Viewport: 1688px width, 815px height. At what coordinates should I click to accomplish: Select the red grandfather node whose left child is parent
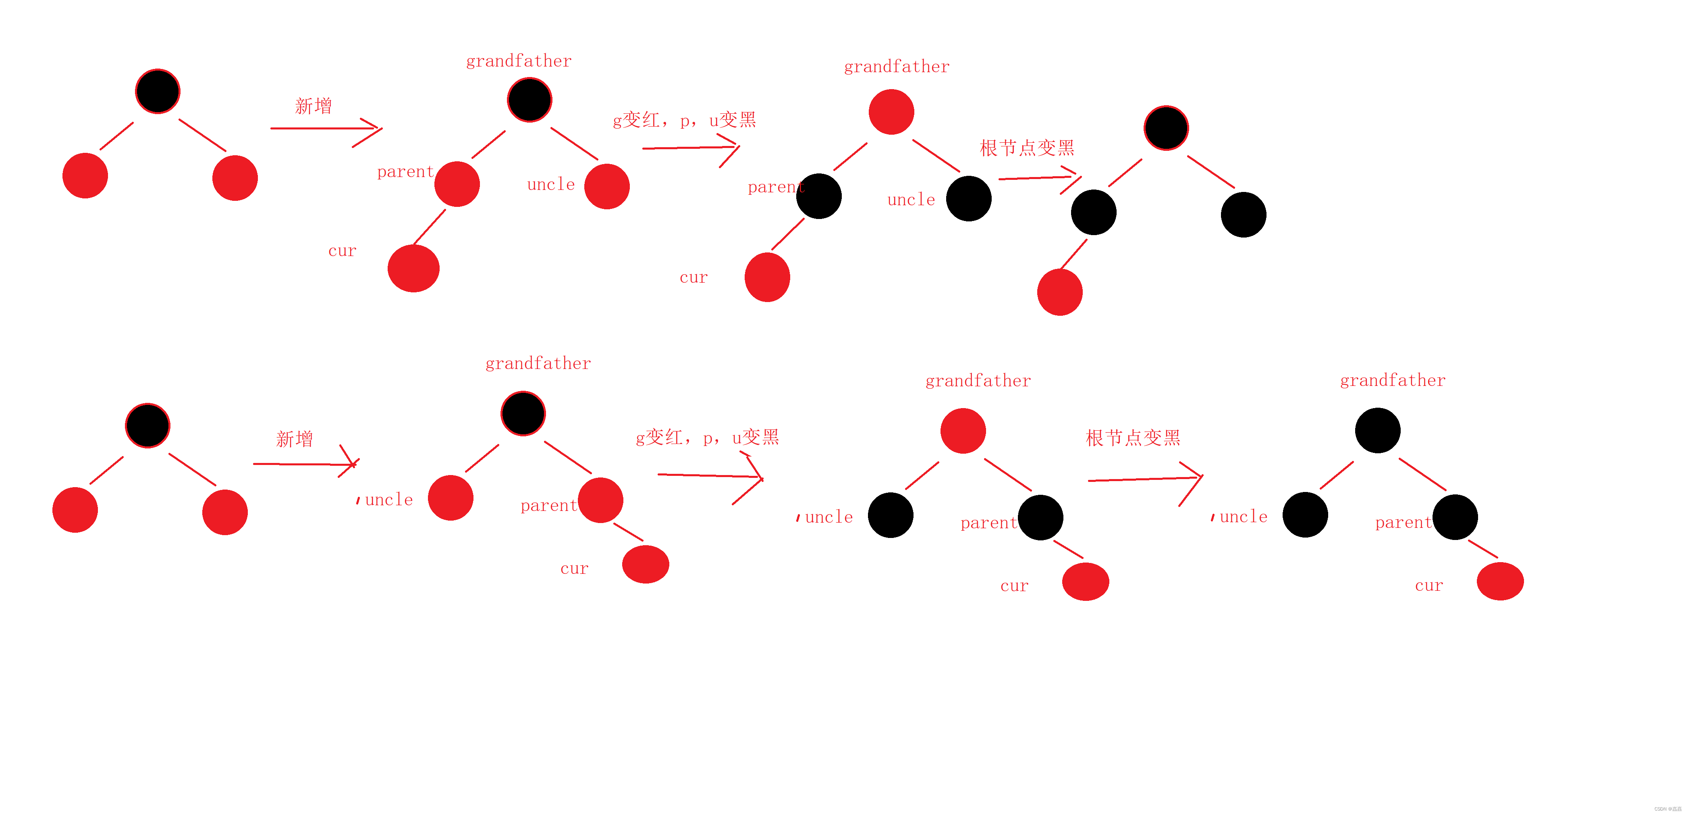point(891,112)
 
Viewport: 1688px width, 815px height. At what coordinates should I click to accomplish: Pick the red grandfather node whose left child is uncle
point(963,431)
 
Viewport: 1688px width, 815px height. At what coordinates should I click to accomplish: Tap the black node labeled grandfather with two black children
point(1377,430)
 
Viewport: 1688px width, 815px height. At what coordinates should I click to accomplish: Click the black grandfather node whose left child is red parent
point(529,100)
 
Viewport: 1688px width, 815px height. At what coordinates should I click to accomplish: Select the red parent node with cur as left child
point(457,184)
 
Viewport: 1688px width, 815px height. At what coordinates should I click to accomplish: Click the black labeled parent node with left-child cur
point(818,196)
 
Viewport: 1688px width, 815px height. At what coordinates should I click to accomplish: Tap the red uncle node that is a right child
point(607,186)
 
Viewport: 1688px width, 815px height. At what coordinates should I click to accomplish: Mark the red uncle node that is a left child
point(450,498)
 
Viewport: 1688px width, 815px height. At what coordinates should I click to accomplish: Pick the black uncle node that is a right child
point(968,199)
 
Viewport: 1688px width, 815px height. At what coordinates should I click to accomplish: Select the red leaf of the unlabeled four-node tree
point(1060,292)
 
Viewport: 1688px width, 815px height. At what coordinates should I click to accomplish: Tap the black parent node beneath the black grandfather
point(1455,517)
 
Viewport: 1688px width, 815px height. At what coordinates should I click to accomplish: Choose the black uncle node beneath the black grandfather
point(1305,515)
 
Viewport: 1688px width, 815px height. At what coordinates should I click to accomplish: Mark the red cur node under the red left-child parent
point(413,268)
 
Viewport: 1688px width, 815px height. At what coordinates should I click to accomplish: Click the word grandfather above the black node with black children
point(1393,380)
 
